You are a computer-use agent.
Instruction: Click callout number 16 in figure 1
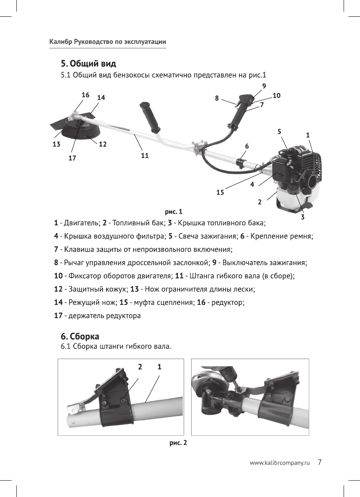85,95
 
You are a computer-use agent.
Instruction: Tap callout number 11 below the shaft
145,155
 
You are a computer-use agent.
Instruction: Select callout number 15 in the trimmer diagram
220,192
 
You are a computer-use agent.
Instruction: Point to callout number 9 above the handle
264,85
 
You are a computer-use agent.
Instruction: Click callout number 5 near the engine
280,132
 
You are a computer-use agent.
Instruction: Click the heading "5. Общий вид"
88,63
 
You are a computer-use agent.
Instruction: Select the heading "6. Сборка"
80,336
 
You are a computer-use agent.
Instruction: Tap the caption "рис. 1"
174,212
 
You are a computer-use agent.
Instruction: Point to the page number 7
319,462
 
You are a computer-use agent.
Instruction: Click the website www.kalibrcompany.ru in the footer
279,463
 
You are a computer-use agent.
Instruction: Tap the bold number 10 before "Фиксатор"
58,276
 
